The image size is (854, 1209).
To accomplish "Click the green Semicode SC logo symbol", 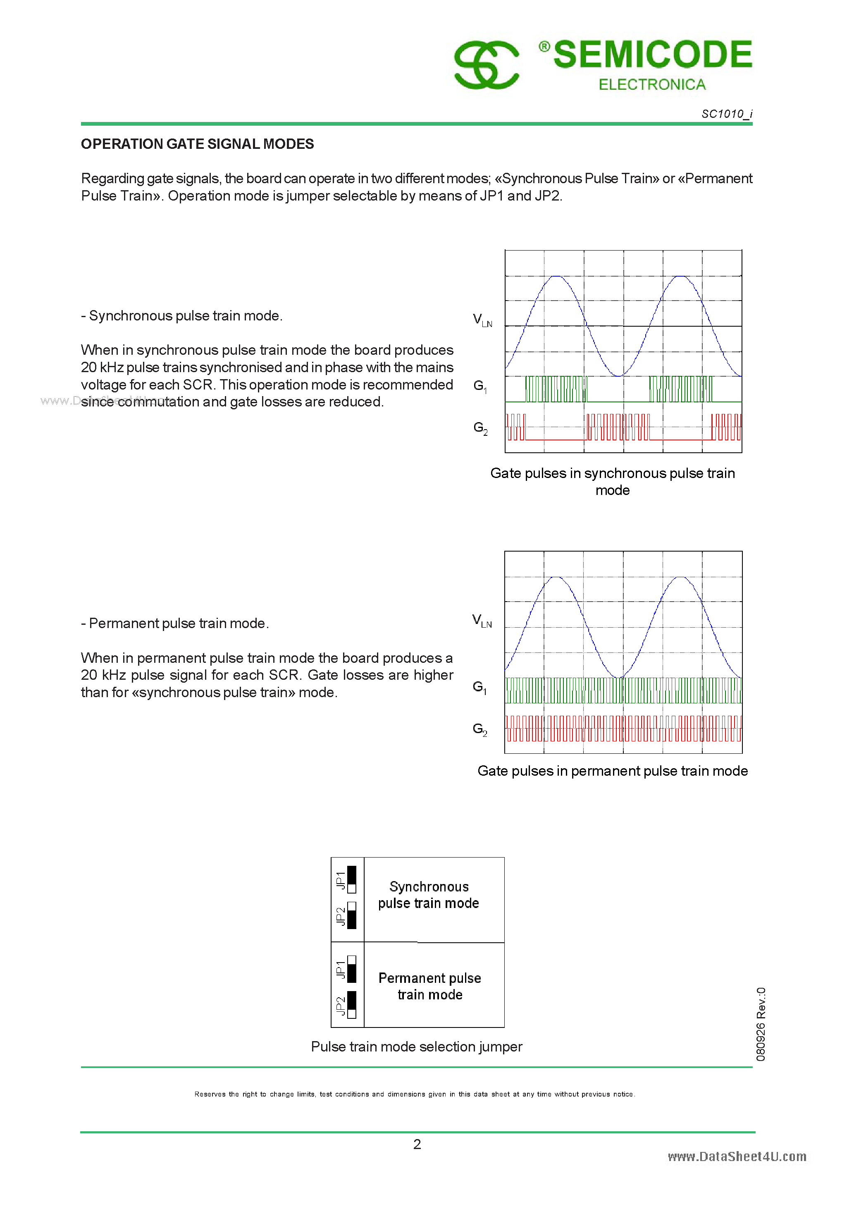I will coord(487,65).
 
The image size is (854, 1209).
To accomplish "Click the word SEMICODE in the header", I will coord(652,54).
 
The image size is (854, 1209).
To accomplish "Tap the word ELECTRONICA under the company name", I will coord(652,85).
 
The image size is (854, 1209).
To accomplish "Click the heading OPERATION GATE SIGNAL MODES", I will coord(198,144).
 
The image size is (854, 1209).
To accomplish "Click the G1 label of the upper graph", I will coord(479,386).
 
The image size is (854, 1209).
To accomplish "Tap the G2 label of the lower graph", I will coord(479,729).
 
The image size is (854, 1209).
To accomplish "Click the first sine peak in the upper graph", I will coord(556,277).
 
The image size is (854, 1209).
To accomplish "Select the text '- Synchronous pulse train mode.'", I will coord(181,316).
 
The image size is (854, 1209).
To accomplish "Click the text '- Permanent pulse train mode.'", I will coord(175,624).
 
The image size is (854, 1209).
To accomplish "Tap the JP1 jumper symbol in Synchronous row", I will coord(352,879).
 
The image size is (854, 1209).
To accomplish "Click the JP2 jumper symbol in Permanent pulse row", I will coord(352,1005).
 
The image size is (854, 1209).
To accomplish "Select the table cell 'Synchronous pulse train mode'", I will coord(429,895).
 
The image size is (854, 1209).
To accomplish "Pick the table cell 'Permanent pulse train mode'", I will coord(429,986).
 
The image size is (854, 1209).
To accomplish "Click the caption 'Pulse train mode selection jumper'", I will coord(417,1047).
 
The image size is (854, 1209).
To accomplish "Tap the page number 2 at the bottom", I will coord(417,1144).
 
